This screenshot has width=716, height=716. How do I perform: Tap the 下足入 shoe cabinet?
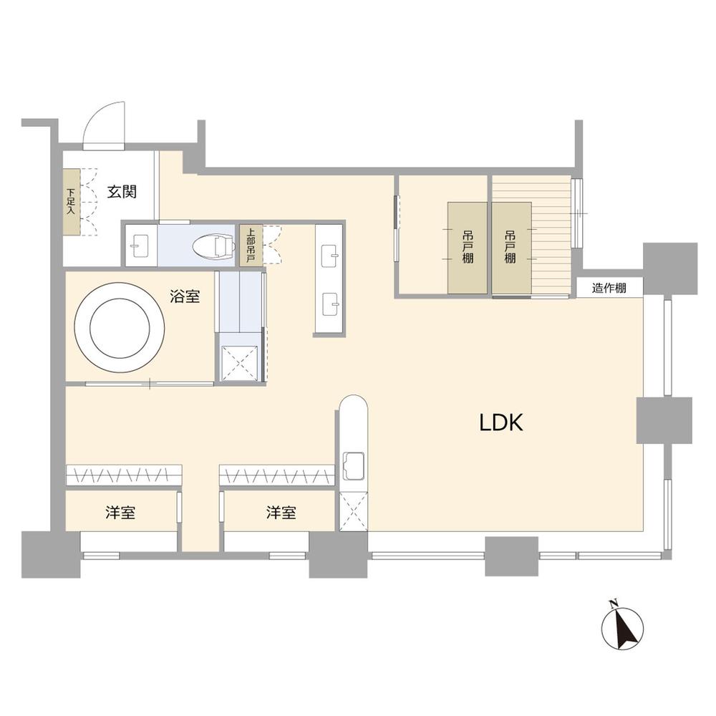[71, 202]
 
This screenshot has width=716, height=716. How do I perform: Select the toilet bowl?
[213, 247]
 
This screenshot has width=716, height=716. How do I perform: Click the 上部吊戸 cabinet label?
[250, 246]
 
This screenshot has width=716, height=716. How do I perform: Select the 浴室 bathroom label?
[185, 296]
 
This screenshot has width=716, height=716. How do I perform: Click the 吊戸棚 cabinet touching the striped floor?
[511, 248]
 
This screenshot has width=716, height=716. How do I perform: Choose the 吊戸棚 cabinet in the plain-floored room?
[467, 248]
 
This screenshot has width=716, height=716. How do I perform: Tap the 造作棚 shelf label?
[609, 289]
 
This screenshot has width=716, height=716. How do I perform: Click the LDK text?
[501, 424]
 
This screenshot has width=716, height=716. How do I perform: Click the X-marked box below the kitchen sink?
[354, 511]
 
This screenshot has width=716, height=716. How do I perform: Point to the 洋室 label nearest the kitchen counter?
[281, 513]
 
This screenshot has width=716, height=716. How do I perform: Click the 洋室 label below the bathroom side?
[120, 513]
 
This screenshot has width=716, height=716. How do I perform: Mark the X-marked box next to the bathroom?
[239, 362]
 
